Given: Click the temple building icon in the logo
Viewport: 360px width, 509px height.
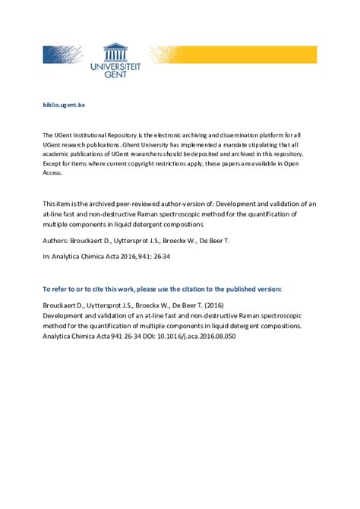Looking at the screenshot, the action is (x=116, y=51).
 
